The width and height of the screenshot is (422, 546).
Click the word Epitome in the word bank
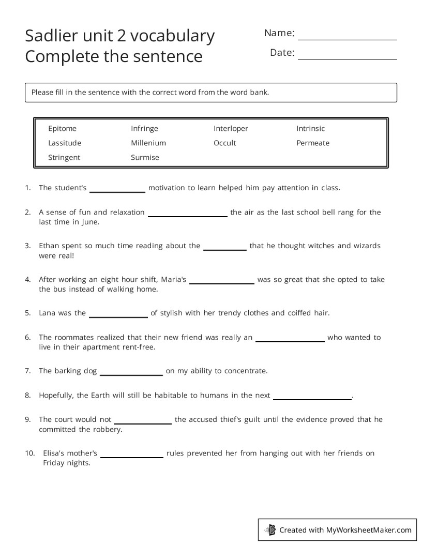click(62, 128)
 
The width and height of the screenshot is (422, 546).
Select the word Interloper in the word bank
click(231, 128)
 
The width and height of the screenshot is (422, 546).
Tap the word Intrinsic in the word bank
click(310, 128)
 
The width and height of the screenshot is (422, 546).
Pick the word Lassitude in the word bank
click(65, 143)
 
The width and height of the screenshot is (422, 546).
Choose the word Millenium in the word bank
click(148, 143)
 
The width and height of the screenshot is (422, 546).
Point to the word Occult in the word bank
click(224, 143)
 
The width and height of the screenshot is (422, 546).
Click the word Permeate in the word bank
click(312, 143)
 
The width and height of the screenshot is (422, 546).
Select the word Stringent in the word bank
click(64, 157)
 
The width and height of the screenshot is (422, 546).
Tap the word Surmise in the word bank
click(145, 157)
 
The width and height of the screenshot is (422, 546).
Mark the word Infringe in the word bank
click(144, 128)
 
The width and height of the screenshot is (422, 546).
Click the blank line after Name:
click(348, 38)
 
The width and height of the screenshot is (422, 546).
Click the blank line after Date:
click(348, 57)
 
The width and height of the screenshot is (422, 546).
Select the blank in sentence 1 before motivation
click(117, 190)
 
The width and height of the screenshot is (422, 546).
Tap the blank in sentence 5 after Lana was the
click(118, 315)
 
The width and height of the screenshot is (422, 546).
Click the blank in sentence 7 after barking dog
click(131, 373)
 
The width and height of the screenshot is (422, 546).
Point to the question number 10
click(29, 453)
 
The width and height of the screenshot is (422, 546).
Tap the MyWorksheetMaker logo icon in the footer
click(270, 529)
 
